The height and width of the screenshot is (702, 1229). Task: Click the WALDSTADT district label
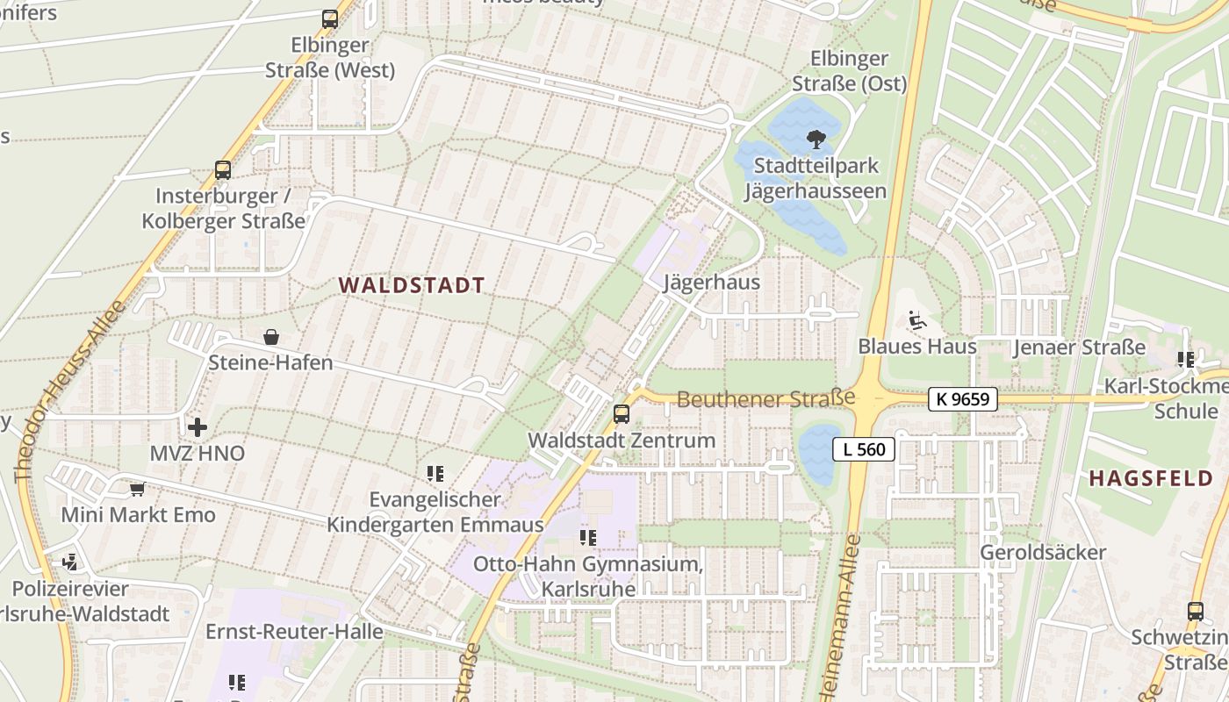click(x=412, y=285)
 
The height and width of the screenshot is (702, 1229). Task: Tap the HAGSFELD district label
click(x=1151, y=478)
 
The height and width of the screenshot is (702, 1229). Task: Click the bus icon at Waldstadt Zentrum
click(x=622, y=413)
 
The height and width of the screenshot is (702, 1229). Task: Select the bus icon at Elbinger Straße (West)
click(x=330, y=18)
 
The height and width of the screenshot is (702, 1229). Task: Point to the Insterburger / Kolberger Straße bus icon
click(x=223, y=170)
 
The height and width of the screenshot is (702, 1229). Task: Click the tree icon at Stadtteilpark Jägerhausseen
click(x=816, y=138)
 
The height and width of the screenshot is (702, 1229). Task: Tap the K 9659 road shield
click(x=963, y=399)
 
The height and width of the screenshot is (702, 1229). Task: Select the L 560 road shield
click(x=864, y=449)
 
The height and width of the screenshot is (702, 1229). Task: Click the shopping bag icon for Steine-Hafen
click(x=271, y=337)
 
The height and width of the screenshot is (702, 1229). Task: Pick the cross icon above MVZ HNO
click(x=198, y=427)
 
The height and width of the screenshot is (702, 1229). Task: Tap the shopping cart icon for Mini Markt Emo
click(x=137, y=489)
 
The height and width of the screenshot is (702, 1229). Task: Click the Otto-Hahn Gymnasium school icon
click(x=587, y=537)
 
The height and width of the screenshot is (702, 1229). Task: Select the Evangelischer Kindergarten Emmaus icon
click(x=435, y=474)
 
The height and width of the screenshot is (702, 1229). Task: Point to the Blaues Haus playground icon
click(x=916, y=320)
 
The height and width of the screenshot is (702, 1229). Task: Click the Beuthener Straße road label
click(x=765, y=399)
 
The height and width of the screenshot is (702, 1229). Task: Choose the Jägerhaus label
click(x=711, y=283)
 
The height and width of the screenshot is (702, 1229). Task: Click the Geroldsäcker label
click(x=1043, y=553)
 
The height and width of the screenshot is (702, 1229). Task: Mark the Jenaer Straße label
click(x=1079, y=347)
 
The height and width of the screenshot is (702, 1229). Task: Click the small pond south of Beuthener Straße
click(x=819, y=454)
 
